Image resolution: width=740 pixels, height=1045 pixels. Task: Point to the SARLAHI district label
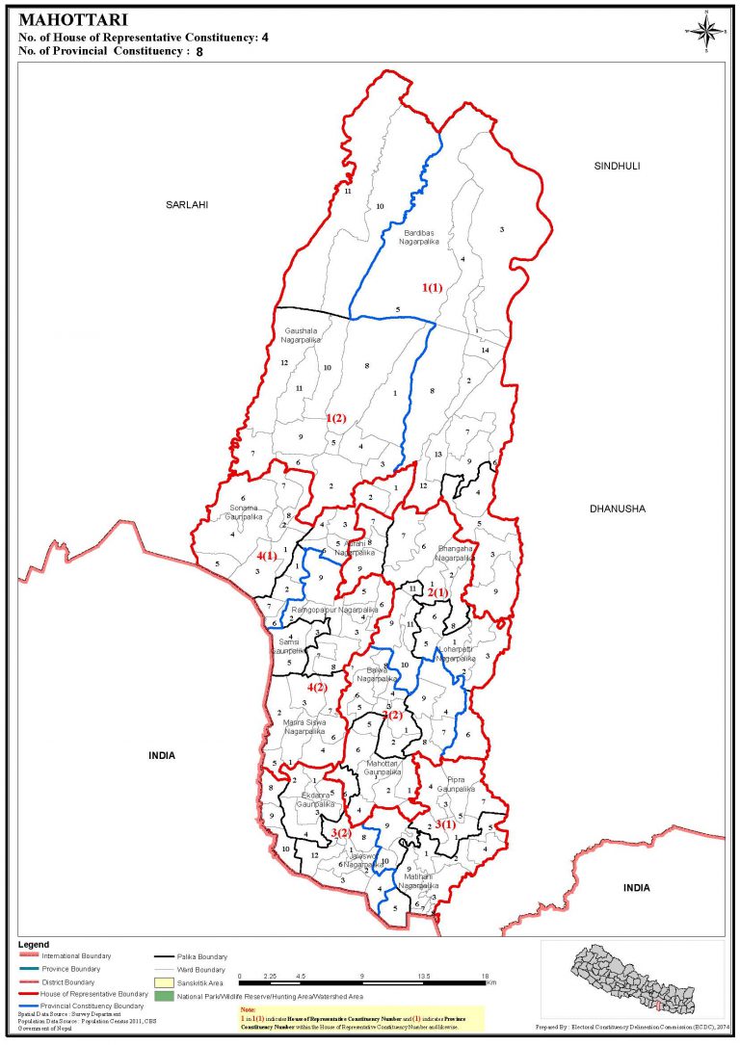187,204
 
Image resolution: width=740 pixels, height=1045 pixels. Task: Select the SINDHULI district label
617,166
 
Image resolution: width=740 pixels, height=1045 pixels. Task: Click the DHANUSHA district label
617,509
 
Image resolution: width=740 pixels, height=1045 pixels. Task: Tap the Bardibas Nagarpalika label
419,237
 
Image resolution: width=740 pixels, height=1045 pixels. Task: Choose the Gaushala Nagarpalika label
302,335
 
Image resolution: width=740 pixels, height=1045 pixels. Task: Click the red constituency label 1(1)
432,287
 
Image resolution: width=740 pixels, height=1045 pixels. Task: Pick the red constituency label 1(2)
336,418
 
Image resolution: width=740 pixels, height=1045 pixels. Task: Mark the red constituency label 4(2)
318,687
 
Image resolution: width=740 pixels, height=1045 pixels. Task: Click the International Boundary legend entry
76,955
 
